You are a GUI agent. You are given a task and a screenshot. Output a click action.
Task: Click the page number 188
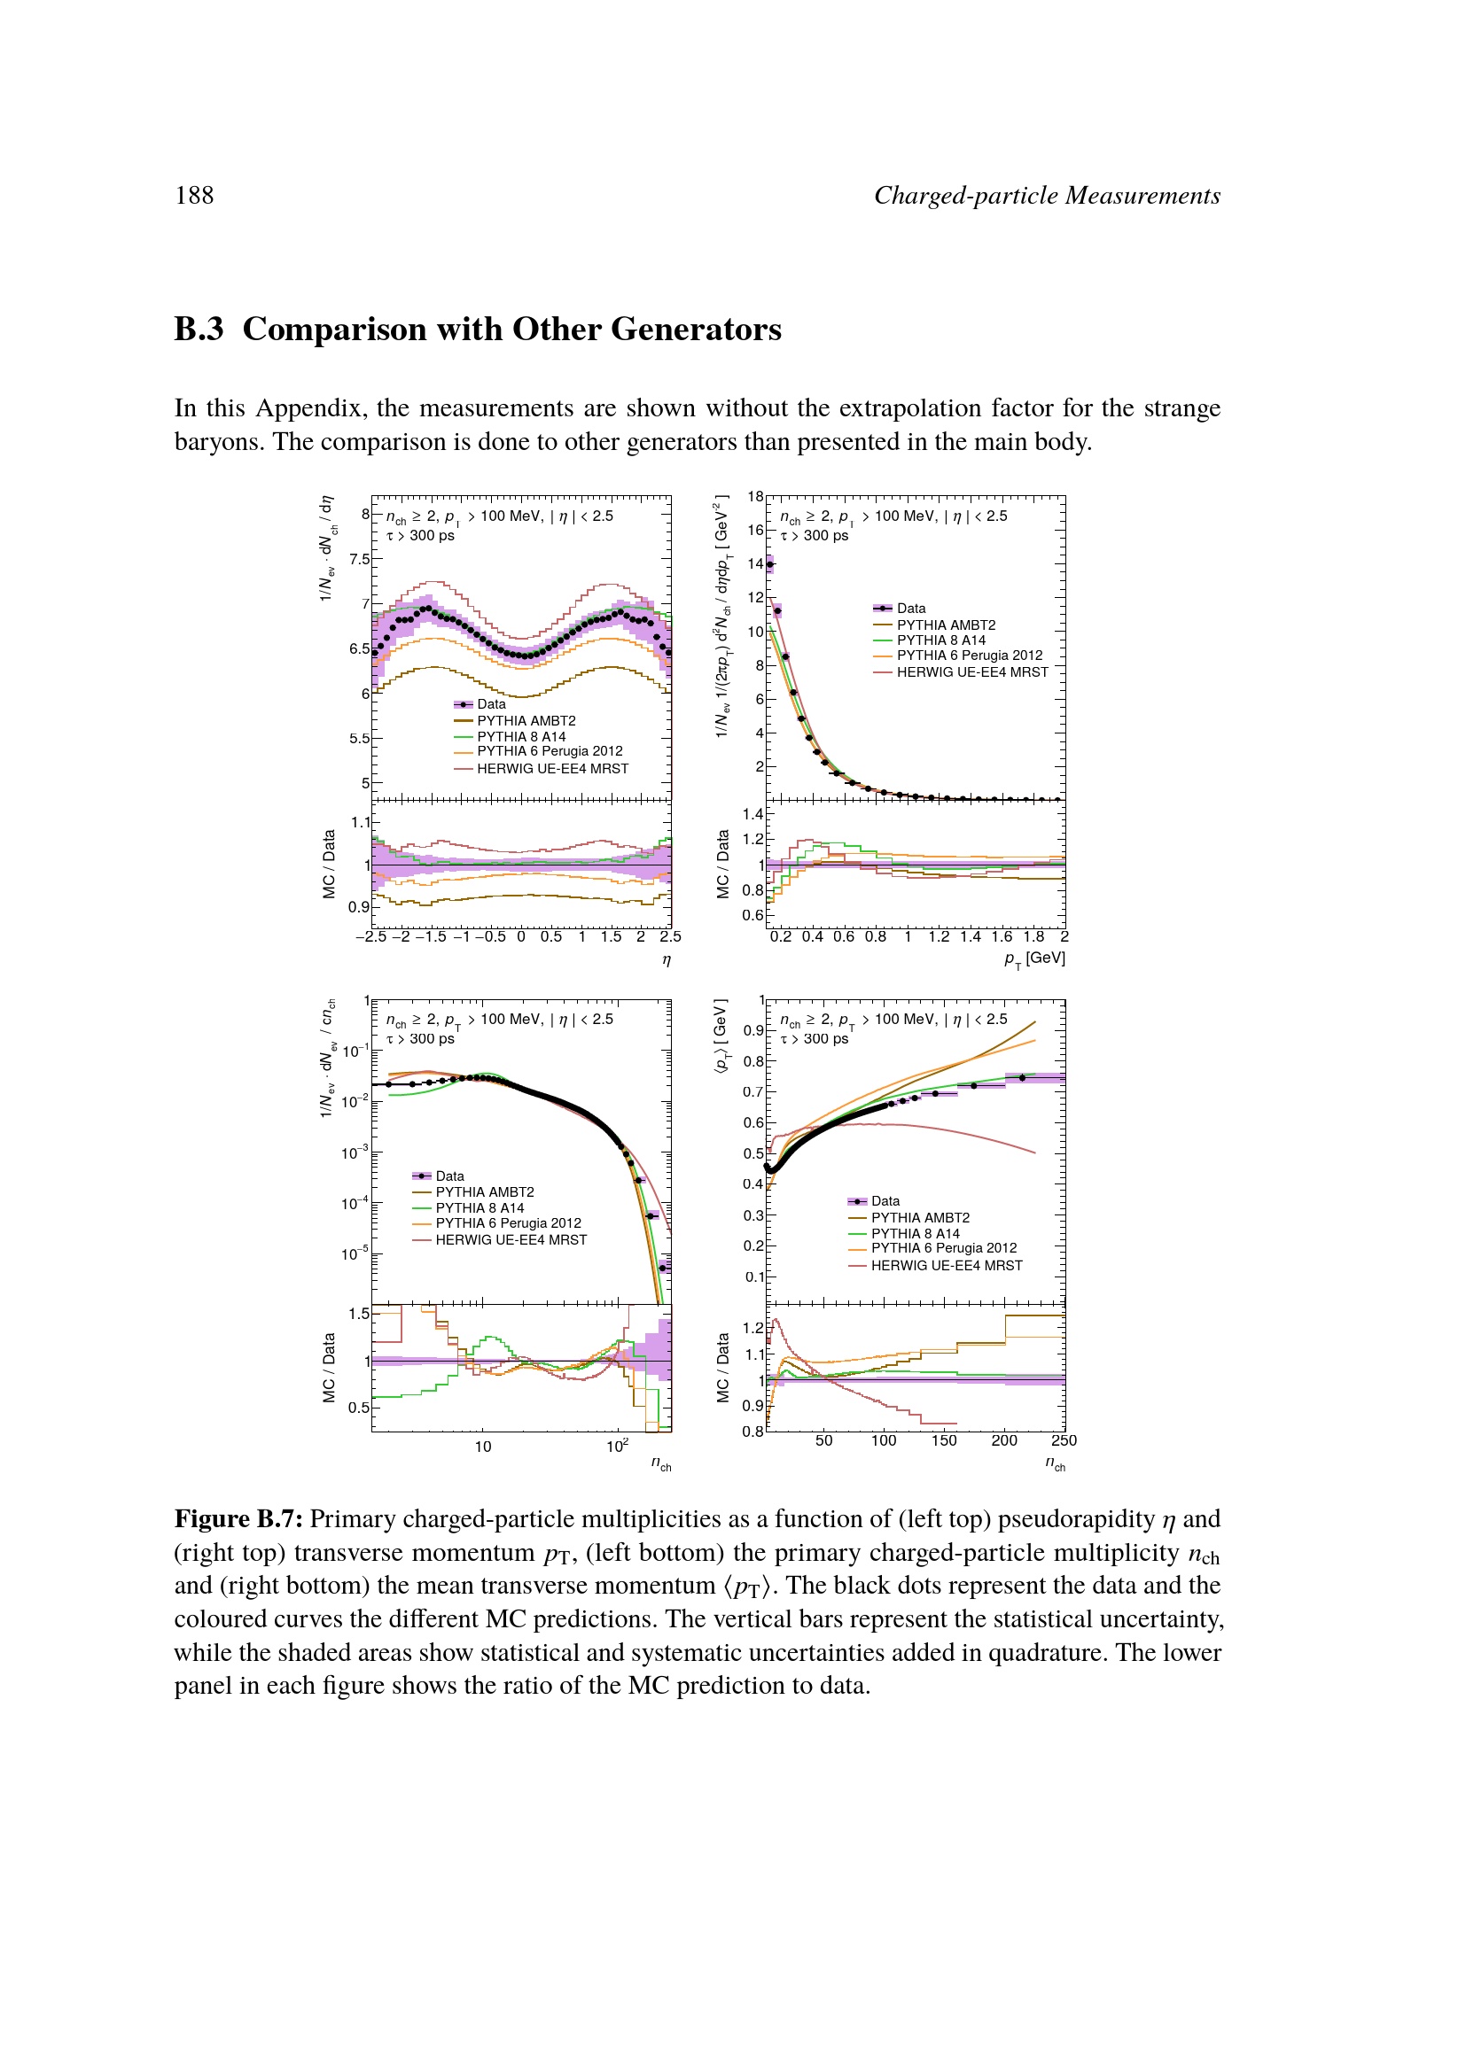(x=194, y=196)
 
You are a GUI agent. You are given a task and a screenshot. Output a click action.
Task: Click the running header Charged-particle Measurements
(x=1046, y=196)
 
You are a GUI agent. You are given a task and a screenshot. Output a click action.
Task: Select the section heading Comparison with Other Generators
(x=511, y=330)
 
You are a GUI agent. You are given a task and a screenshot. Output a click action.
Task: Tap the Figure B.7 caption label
(x=238, y=1520)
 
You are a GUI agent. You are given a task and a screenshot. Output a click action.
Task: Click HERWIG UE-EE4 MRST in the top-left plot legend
(x=552, y=769)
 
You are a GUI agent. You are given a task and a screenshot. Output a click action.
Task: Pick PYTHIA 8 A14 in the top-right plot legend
(x=940, y=640)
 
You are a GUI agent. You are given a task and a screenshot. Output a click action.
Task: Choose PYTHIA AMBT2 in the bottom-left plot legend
(x=485, y=1192)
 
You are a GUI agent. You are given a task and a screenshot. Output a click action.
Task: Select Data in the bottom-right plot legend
(x=885, y=1201)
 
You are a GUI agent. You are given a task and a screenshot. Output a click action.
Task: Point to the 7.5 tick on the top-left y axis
(x=360, y=560)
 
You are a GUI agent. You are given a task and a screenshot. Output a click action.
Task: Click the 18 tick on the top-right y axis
(x=755, y=496)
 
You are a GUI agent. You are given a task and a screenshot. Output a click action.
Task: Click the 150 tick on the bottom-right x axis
(x=944, y=1440)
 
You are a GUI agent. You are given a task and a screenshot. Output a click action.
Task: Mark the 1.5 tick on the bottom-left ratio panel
(x=359, y=1314)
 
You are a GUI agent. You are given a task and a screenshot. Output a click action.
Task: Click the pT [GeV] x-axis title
(x=1034, y=958)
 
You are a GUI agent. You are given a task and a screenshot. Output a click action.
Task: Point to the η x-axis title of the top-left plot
(x=667, y=959)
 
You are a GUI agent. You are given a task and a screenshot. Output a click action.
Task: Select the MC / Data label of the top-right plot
(x=723, y=864)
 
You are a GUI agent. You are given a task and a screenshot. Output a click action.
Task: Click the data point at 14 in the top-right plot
(x=770, y=564)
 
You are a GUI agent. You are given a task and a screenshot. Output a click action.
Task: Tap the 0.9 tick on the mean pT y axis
(x=752, y=1030)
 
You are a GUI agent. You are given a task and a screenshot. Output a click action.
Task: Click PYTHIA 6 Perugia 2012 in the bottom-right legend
(x=943, y=1248)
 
